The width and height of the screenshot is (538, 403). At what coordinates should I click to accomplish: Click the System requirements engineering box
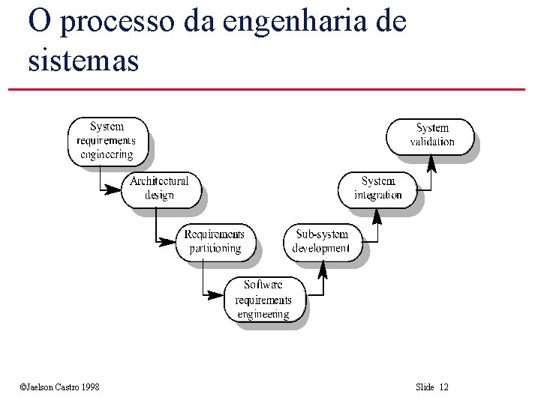coord(107,141)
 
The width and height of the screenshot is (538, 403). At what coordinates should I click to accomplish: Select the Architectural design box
coord(159,188)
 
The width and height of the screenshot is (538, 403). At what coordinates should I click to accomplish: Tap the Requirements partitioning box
coord(215,241)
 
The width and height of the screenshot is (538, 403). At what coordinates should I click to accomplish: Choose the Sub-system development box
coord(320,241)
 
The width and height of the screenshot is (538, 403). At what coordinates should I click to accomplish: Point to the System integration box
coord(378,188)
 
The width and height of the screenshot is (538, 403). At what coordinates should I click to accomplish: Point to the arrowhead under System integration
coord(377,215)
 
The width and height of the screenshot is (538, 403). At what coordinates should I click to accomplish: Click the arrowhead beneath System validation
coord(431,162)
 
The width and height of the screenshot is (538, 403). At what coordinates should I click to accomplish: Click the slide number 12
coord(443,387)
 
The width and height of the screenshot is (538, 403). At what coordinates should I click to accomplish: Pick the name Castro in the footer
coord(64,387)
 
